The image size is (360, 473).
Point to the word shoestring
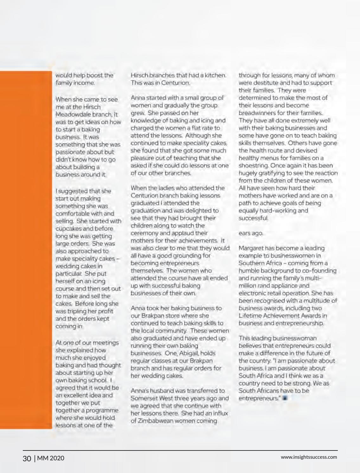254,166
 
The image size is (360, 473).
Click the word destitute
263,83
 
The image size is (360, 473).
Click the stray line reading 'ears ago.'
251,233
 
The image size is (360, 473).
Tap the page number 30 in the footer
27,458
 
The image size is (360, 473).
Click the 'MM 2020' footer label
51,458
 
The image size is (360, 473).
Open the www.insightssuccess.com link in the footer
309,457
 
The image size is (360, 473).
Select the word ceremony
145,233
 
